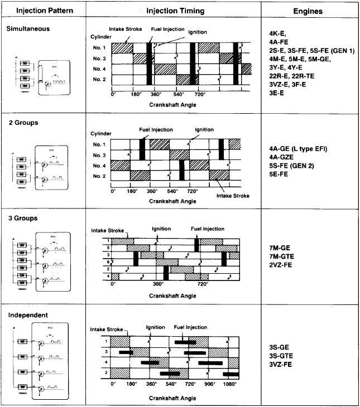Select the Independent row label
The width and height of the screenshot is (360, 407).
[26, 315]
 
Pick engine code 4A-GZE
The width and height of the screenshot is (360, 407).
[281, 157]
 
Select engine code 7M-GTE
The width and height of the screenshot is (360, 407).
[281, 255]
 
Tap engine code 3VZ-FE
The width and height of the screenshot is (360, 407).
[281, 364]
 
